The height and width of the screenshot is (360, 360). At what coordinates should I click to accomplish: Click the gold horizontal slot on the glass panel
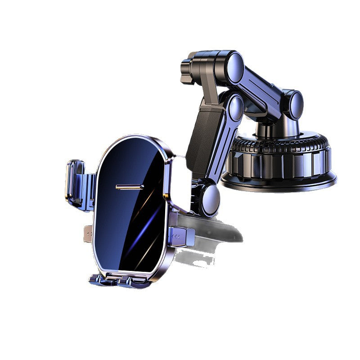coord(130,186)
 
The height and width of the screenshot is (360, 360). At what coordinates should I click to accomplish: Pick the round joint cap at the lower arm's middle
coord(234,108)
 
